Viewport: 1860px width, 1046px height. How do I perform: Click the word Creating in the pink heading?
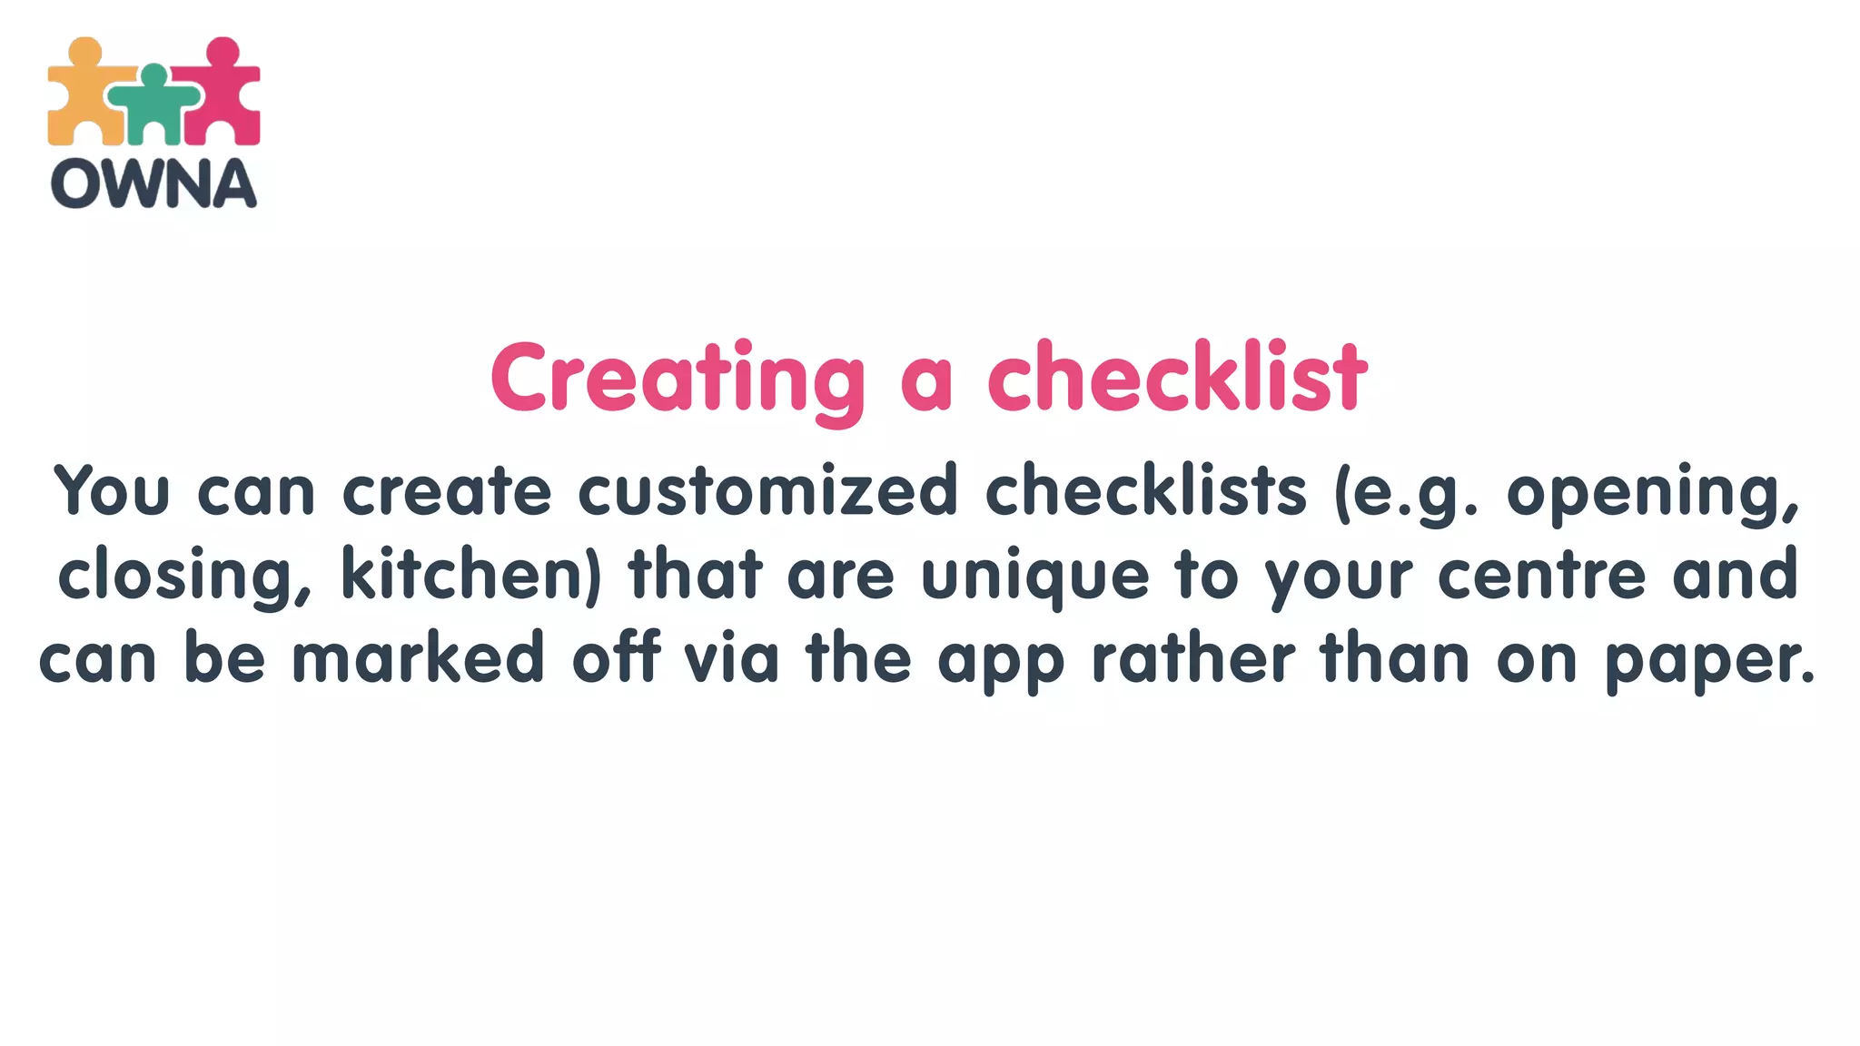click(x=678, y=378)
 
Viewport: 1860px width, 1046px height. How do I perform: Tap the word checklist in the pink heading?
click(x=1177, y=378)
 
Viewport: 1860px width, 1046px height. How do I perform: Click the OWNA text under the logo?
click(x=153, y=183)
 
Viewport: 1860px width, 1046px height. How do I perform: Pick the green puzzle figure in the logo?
click(x=154, y=104)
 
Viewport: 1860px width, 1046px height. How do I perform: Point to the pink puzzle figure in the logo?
click(x=223, y=91)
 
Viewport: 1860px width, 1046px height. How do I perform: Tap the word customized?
click(x=767, y=490)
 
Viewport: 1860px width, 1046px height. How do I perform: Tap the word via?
click(x=731, y=657)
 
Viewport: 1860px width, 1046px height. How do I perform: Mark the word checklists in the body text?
click(x=1145, y=490)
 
